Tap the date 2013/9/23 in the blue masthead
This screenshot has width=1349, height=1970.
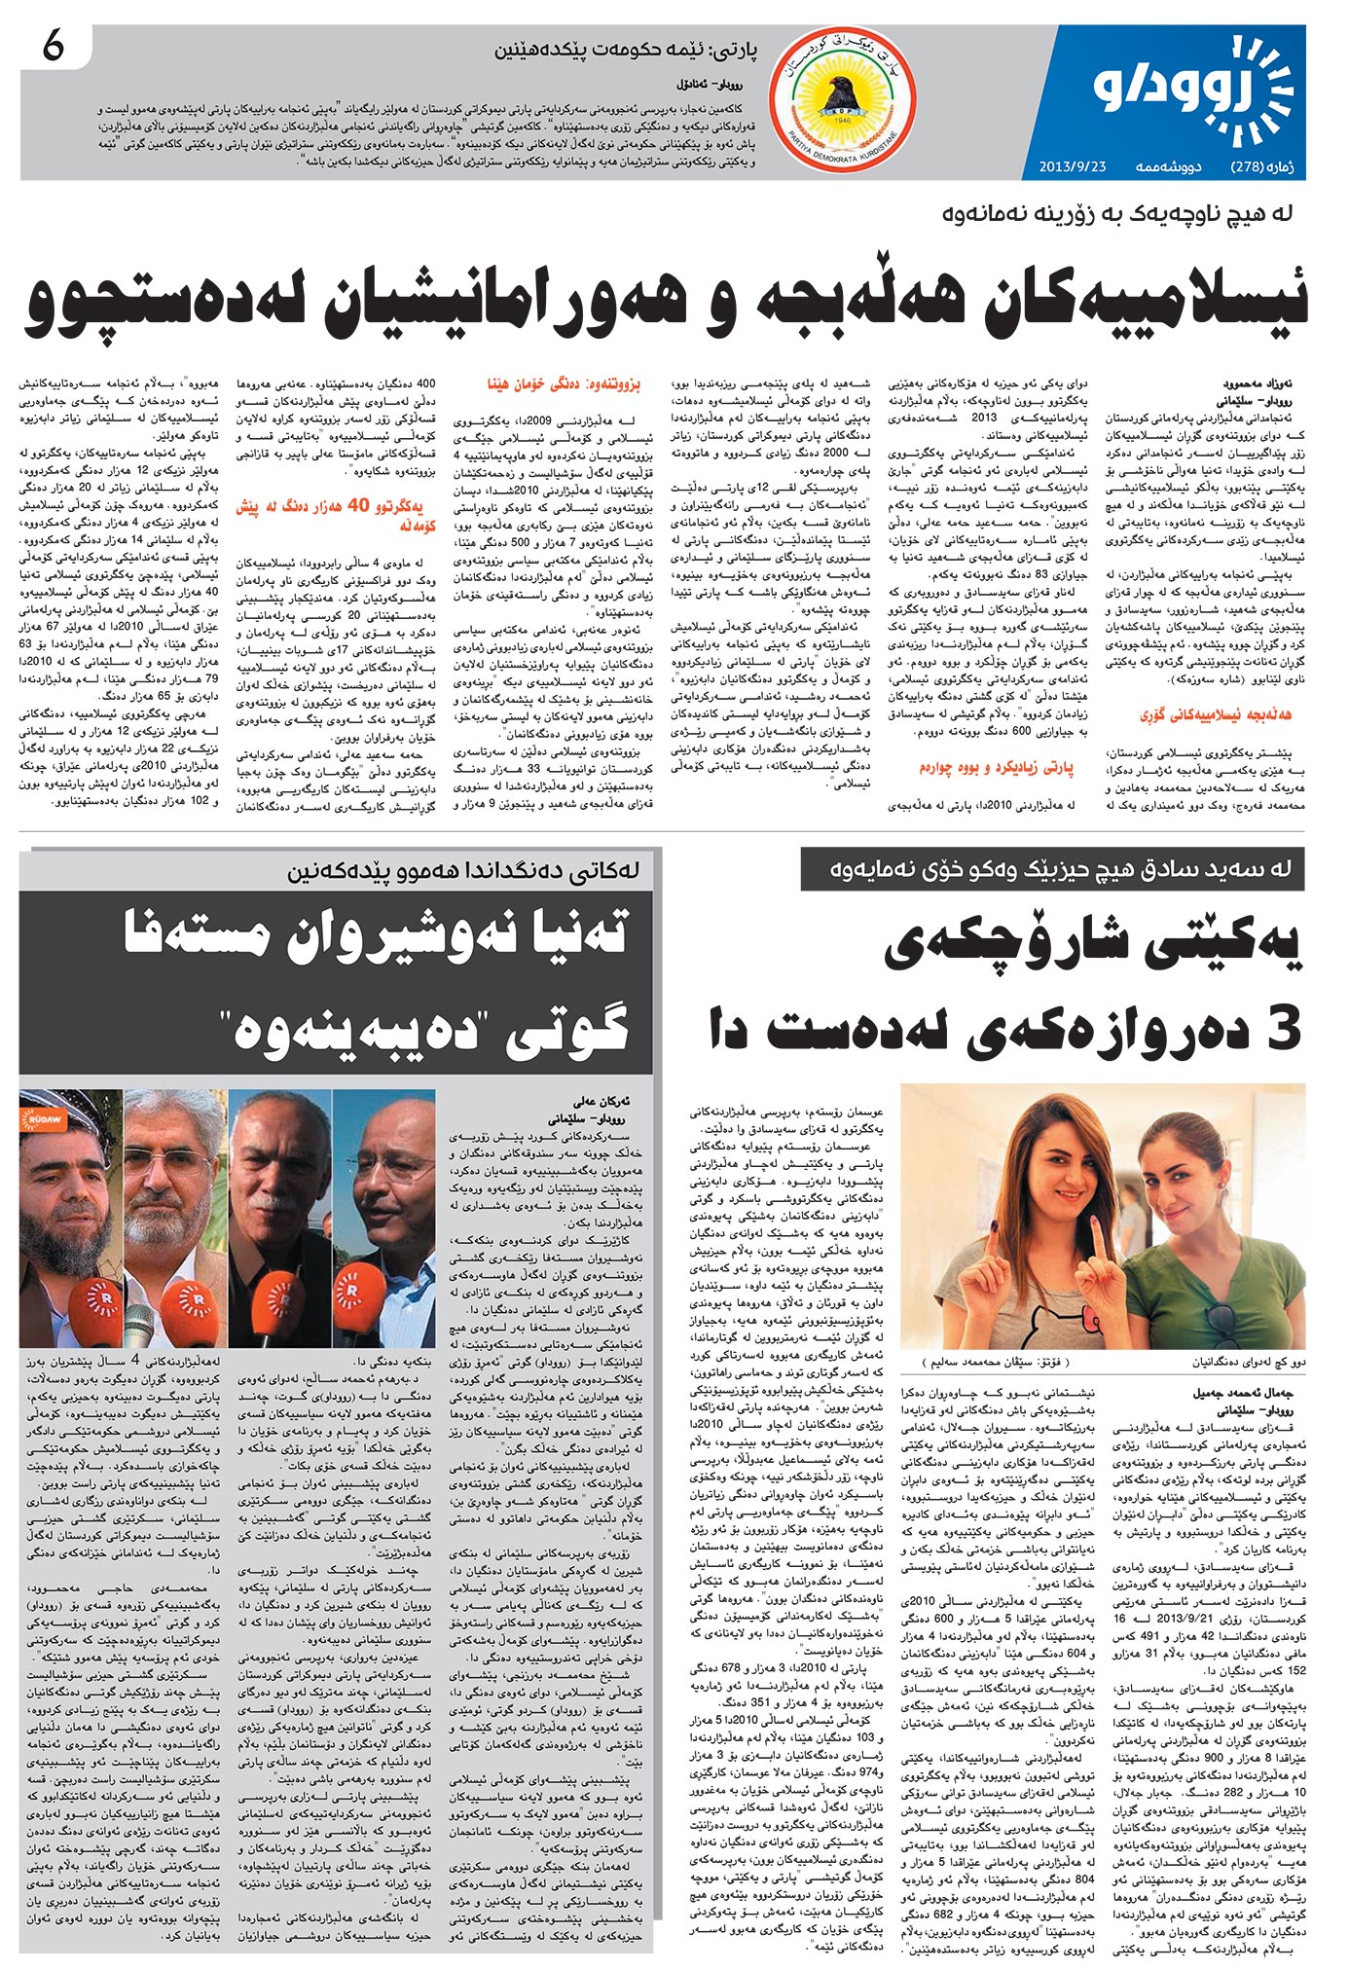(x=1069, y=166)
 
